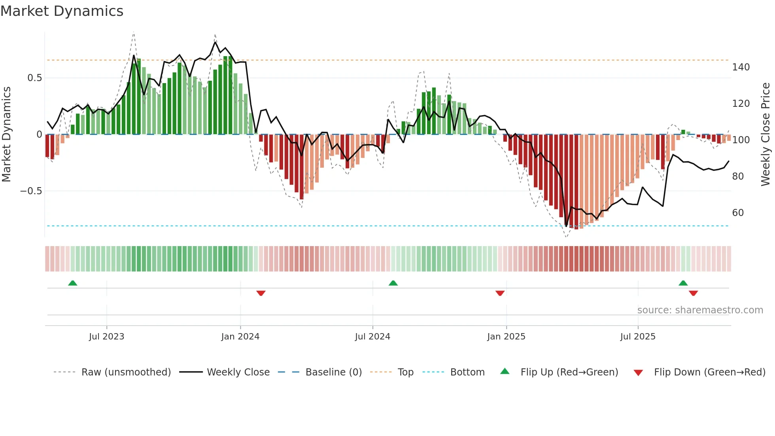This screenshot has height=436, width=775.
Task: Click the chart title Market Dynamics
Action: pyautogui.click(x=62, y=11)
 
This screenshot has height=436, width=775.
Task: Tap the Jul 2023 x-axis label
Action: pyautogui.click(x=106, y=337)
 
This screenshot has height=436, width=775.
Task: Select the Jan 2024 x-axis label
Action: pyautogui.click(x=240, y=337)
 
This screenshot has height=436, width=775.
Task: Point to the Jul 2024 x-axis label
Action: pyautogui.click(x=372, y=337)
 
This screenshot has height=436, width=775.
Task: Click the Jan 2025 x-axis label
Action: pyautogui.click(x=506, y=337)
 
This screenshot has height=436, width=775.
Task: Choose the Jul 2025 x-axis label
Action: pyautogui.click(x=638, y=337)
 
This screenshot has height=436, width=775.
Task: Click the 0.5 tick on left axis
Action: pyautogui.click(x=34, y=78)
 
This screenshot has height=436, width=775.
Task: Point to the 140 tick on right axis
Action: pyautogui.click(x=741, y=67)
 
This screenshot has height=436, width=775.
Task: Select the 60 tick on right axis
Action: pyautogui.click(x=738, y=213)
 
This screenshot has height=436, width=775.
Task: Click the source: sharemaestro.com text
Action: pyautogui.click(x=700, y=310)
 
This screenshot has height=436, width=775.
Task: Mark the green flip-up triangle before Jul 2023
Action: pyautogui.click(x=72, y=283)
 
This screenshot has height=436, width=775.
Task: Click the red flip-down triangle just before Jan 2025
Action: pyautogui.click(x=500, y=293)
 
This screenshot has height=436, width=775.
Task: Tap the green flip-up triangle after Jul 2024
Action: pyautogui.click(x=393, y=283)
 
